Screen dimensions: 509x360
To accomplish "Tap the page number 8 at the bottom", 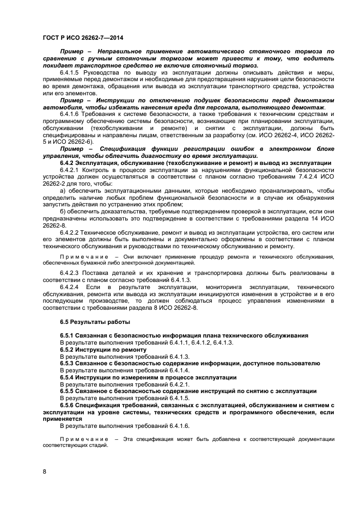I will point(44,471).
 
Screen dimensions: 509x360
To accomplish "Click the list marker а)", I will point(63,191).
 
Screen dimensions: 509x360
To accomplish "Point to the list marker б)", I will point(63,212).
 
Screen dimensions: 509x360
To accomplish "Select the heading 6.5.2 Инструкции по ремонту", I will point(99,349).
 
